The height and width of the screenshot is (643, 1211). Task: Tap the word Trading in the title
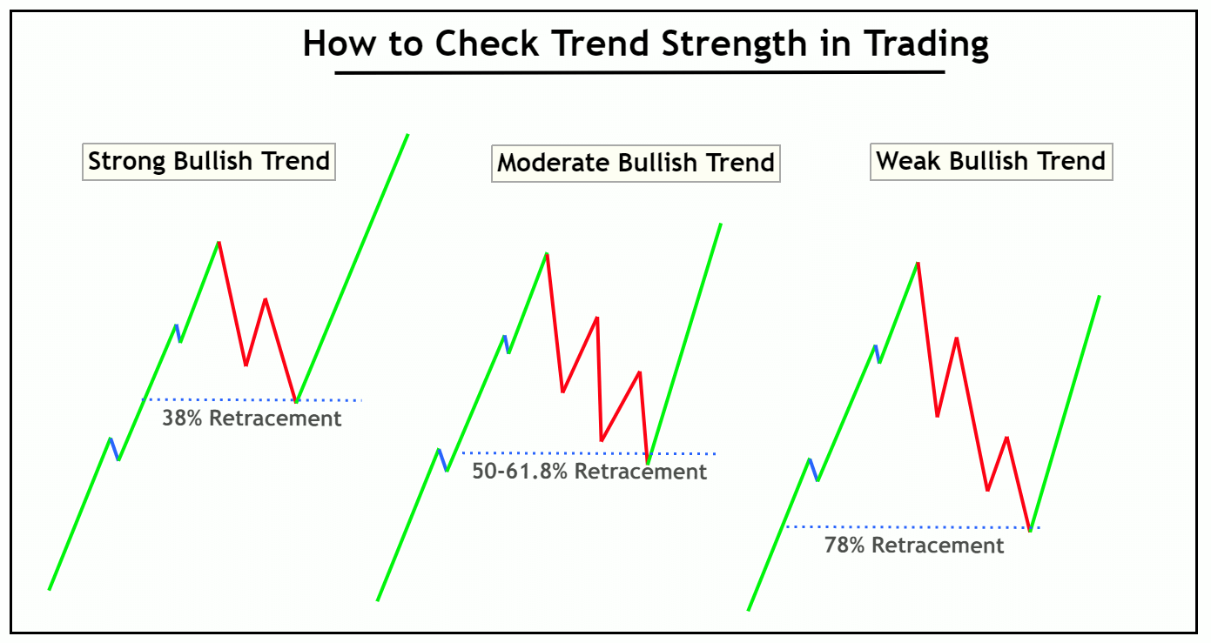click(x=926, y=43)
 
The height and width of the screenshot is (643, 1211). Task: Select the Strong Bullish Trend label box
click(x=209, y=161)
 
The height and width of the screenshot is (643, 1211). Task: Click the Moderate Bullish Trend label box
click(x=636, y=163)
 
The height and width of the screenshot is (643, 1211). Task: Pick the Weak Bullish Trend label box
click(x=991, y=161)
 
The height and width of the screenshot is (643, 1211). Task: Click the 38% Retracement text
click(x=252, y=419)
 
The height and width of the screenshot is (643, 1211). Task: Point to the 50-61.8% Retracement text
click(x=589, y=472)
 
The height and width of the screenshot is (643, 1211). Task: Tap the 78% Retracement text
click(x=914, y=546)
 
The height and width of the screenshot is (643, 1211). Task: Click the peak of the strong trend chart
click(x=218, y=242)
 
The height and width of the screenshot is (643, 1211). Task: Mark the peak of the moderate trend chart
click(x=546, y=253)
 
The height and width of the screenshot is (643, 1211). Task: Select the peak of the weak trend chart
click(x=917, y=262)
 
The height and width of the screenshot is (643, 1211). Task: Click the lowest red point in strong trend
click(x=296, y=401)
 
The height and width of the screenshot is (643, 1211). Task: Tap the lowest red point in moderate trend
click(x=648, y=462)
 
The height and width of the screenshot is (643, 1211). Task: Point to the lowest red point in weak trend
click(x=1030, y=529)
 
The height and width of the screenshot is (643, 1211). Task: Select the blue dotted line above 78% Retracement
click(x=905, y=526)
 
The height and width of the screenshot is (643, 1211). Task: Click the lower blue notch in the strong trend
click(x=114, y=449)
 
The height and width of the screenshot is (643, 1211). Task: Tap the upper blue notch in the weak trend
click(x=878, y=353)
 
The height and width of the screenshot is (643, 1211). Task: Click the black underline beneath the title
click(x=640, y=72)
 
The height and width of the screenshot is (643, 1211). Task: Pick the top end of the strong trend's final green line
click(x=407, y=135)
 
